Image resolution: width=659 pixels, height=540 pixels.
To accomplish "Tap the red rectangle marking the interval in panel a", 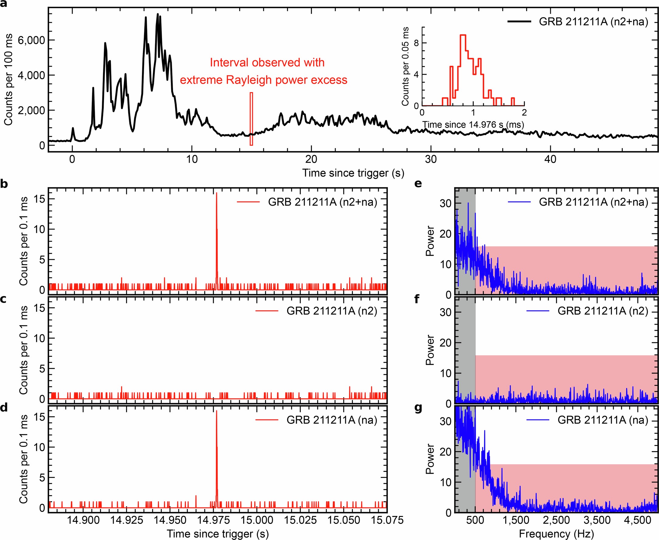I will tap(251, 119).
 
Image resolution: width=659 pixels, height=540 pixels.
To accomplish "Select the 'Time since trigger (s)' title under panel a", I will tap(353, 173).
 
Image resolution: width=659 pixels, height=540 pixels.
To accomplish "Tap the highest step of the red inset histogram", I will tap(463, 35).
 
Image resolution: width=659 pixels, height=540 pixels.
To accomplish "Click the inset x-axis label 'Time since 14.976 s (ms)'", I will tap(473, 125).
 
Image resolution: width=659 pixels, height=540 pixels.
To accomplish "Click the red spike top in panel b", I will tap(217, 193).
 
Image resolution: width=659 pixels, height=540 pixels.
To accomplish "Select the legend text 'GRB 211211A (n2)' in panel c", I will tap(332, 311).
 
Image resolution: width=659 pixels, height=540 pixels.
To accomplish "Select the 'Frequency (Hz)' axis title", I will tap(556, 534).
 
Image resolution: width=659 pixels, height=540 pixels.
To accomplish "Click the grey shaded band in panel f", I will tap(465, 348).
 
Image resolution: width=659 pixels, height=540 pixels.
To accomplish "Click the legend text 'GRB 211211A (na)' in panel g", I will tap(603, 420).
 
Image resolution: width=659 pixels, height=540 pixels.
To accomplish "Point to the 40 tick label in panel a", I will tap(550, 159).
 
